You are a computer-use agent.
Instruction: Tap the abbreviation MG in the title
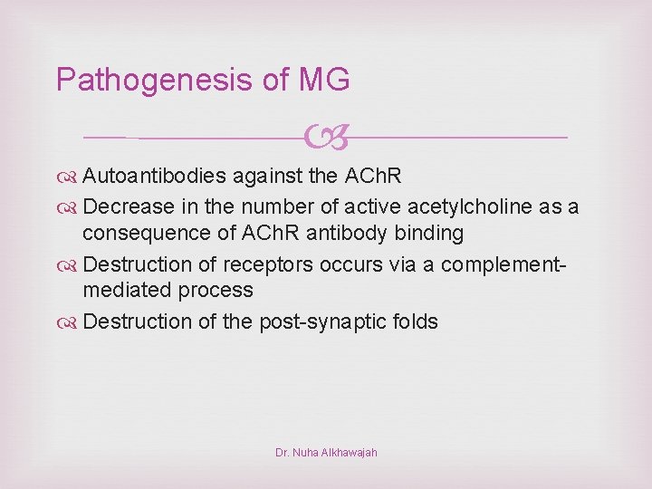click(323, 81)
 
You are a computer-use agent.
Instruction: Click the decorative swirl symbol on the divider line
click(324, 138)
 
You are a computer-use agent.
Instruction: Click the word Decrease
click(129, 206)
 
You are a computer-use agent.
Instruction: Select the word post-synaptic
click(328, 321)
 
